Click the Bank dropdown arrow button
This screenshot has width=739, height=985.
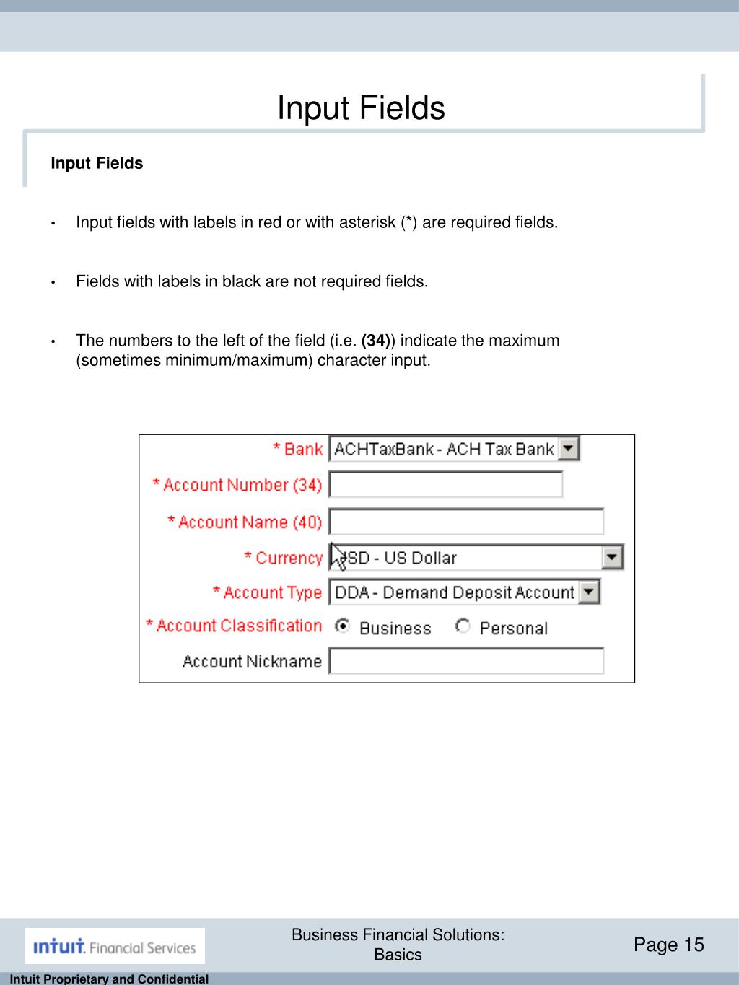click(569, 450)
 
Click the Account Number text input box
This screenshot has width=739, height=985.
click(445, 484)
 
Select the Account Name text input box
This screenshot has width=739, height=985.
click(466, 522)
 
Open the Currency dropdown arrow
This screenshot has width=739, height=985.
click(613, 557)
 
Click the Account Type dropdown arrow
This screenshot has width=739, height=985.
click(590, 592)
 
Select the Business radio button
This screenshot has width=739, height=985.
click(342, 626)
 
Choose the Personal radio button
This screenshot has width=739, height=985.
click(463, 626)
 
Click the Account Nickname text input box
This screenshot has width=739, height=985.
click(466, 661)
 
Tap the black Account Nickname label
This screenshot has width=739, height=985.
click(252, 661)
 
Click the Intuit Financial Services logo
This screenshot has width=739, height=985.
click(115, 946)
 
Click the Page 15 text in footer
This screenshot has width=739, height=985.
click(668, 945)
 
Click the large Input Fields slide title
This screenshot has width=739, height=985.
click(361, 108)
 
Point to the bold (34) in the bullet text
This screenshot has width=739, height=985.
click(375, 341)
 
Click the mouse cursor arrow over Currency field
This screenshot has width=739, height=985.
click(338, 556)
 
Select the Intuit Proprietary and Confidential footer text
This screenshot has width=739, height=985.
click(105, 979)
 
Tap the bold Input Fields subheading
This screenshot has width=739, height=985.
click(97, 164)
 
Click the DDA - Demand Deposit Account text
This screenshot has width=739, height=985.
click(455, 593)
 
